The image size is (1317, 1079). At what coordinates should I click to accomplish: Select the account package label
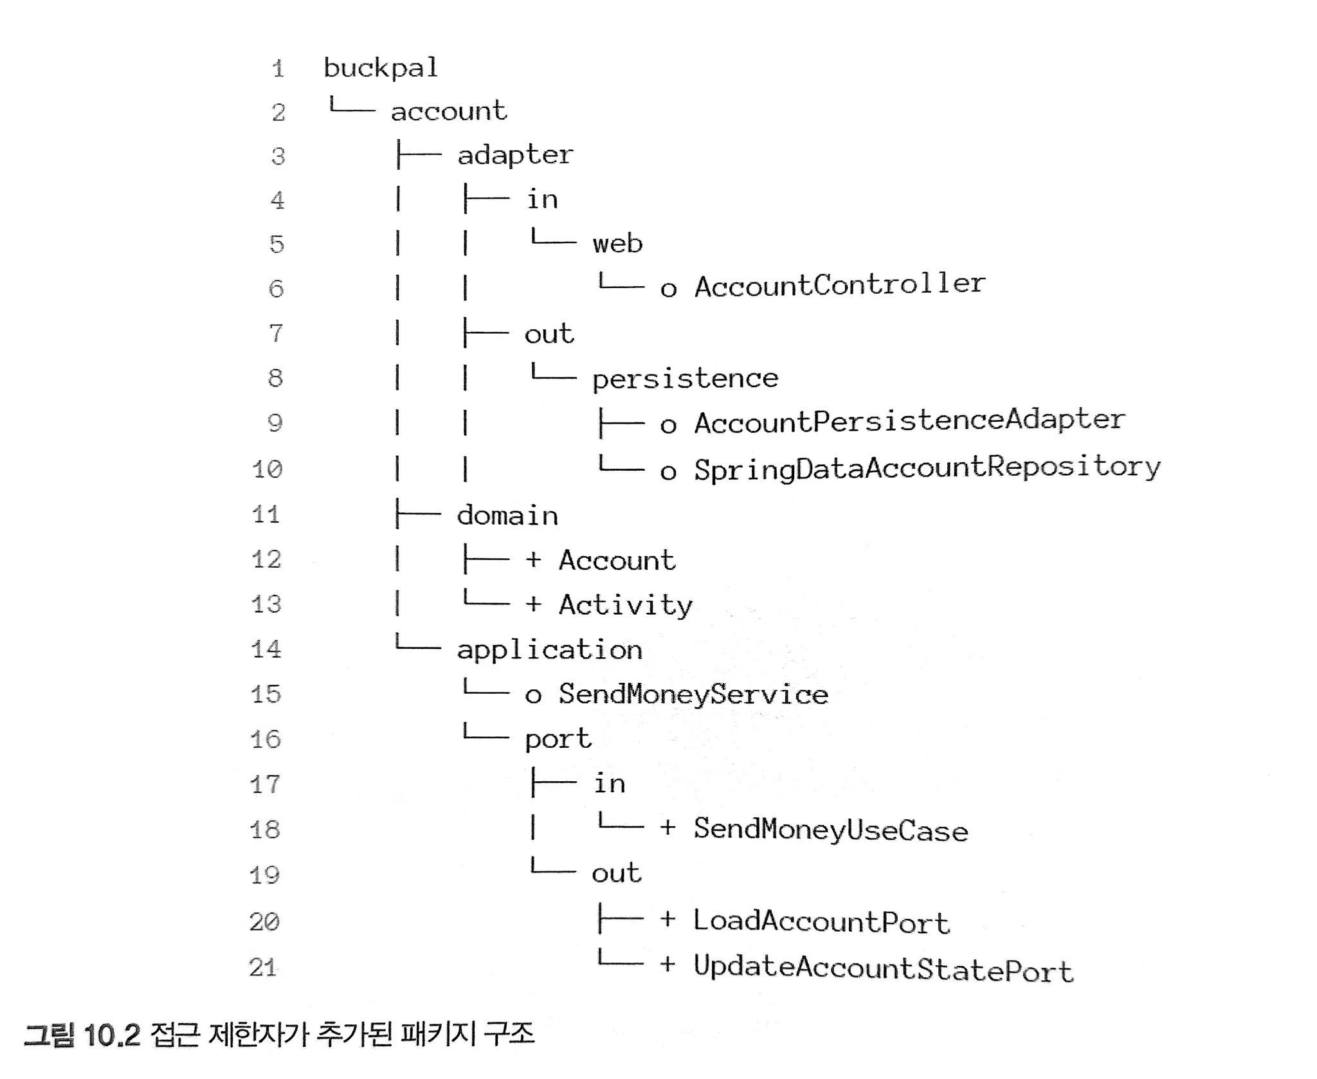click(449, 111)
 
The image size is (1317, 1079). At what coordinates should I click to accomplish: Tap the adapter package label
click(514, 156)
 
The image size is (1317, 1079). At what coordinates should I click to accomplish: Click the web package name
click(617, 244)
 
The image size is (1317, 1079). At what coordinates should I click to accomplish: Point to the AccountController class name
click(840, 286)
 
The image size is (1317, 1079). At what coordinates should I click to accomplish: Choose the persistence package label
click(685, 379)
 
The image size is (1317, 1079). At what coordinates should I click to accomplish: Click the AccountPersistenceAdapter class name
click(909, 422)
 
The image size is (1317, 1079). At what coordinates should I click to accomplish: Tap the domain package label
click(507, 516)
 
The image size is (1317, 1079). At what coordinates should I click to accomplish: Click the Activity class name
click(625, 606)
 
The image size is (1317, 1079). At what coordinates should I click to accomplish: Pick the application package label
click(549, 650)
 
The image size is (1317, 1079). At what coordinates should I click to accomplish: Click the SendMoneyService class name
click(693, 694)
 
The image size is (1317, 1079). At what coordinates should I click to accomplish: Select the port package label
click(558, 739)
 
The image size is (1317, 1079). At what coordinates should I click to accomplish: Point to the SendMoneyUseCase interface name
click(830, 830)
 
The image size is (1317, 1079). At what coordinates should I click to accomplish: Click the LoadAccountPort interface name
click(821, 921)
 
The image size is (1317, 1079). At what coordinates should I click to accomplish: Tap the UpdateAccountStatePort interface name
click(883, 968)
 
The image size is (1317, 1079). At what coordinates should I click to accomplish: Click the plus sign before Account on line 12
click(533, 560)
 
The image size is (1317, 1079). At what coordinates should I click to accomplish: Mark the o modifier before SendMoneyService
click(533, 696)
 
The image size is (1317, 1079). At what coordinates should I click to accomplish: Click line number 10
click(267, 469)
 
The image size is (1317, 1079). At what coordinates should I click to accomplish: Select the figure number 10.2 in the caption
click(112, 1035)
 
